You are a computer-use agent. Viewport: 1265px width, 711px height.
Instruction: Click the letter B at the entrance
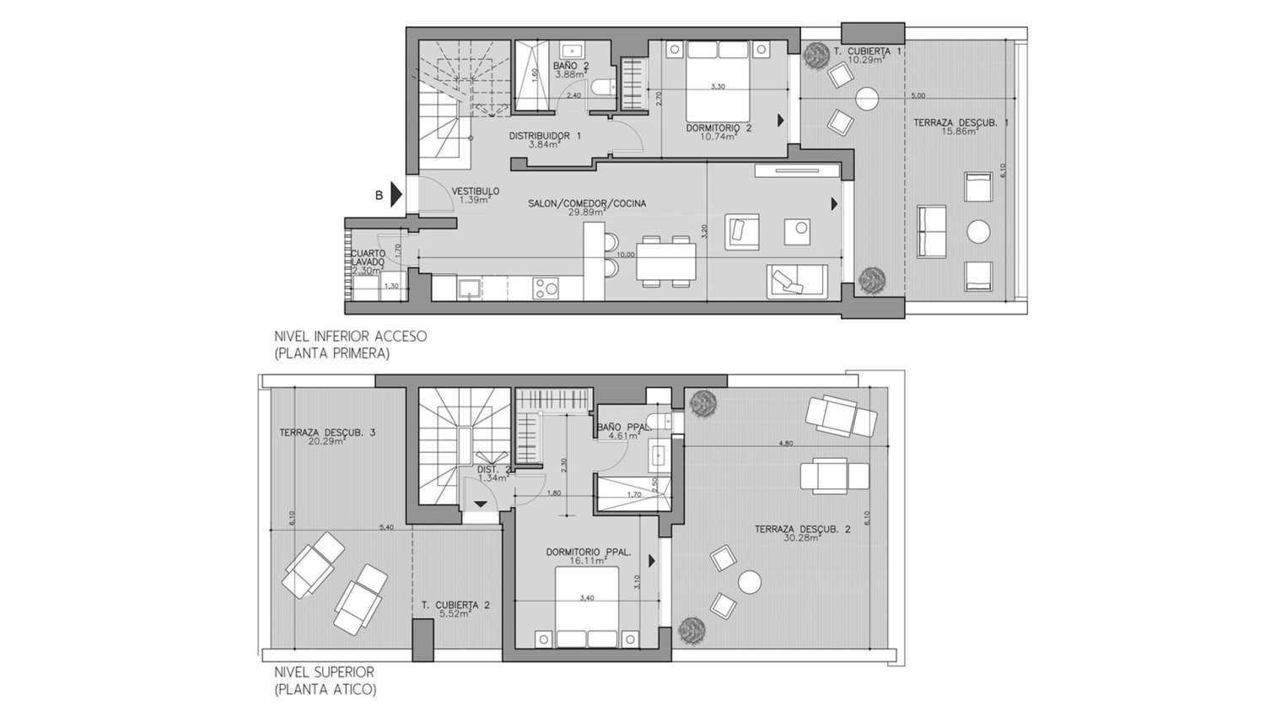pos(379,196)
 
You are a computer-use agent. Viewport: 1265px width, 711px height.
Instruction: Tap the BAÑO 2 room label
pos(571,66)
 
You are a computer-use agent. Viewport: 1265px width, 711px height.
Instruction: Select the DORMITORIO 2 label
pos(719,128)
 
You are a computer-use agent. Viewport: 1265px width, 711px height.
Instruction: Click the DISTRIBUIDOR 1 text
pos(545,136)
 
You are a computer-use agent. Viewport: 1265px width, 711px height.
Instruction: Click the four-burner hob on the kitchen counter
pos(546,288)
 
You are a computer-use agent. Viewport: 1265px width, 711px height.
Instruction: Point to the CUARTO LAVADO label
pos(369,257)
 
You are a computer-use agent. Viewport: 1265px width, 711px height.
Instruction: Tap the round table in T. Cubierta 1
pos(866,99)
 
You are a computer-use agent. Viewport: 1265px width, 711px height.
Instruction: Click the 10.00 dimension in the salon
pos(625,253)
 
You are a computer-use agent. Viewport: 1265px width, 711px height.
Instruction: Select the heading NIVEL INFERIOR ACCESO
pos(351,336)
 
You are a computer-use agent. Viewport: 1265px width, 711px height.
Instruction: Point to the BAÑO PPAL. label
pos(624,428)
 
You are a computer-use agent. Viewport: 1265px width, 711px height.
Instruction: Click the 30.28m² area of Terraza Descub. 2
pos(801,537)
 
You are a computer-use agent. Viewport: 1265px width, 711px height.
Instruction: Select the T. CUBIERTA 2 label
pos(456,605)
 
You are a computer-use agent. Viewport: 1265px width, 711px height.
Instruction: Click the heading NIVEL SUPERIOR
pos(324,672)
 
